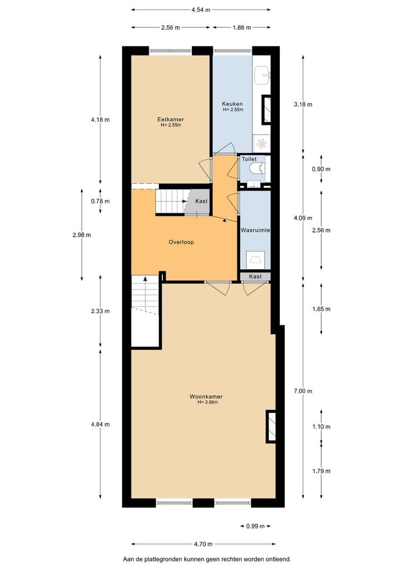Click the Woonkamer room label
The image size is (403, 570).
click(203, 397)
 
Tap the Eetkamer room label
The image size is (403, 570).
click(171, 119)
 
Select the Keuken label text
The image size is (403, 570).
click(232, 104)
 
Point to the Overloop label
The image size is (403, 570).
click(181, 243)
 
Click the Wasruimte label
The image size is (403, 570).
click(255, 230)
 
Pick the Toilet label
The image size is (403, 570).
click(249, 159)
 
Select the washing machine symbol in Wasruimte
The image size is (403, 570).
click(255, 259)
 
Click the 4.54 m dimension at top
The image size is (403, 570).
click(200, 10)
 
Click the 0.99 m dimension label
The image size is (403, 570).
click(255, 526)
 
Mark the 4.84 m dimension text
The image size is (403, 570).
click(101, 424)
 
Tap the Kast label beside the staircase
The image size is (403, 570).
click(201, 201)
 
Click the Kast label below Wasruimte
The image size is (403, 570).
click(255, 276)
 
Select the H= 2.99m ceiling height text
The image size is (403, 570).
click(203, 402)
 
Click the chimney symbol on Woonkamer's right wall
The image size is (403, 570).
click(271, 425)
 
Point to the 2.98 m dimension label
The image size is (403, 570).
click(82, 235)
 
